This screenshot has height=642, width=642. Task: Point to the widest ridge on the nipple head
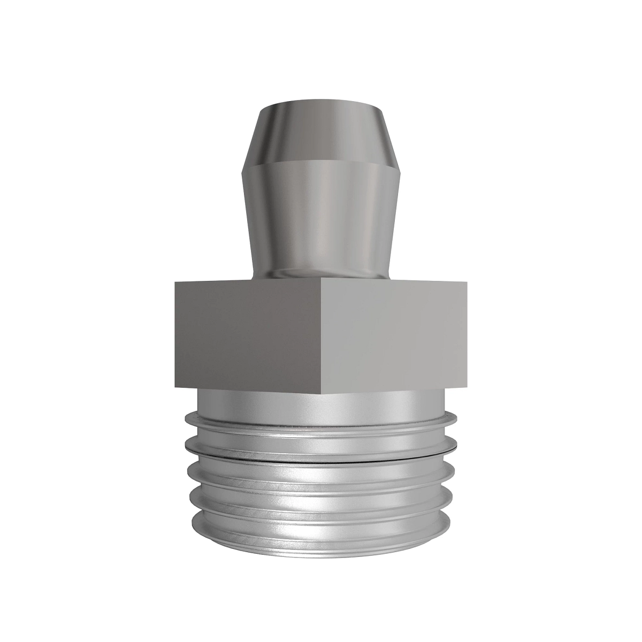[321, 163]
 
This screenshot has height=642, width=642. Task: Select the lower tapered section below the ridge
[321, 214]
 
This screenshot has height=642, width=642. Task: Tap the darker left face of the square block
[246, 334]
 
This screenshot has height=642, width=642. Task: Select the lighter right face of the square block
[396, 334]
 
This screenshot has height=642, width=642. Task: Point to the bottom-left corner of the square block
[173, 386]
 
